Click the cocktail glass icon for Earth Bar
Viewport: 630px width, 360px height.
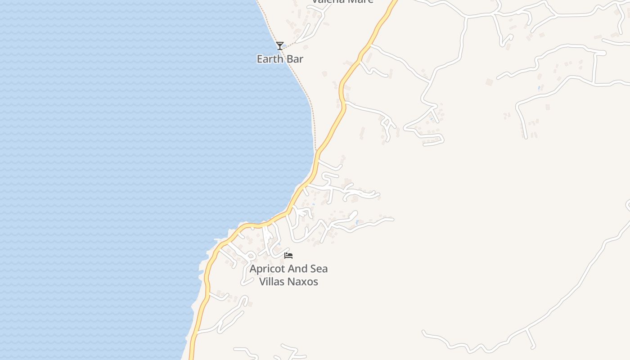280,45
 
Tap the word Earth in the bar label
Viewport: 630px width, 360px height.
269,59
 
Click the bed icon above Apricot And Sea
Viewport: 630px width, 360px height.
288,256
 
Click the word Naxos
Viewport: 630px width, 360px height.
304,282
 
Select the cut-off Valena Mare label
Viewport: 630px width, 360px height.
343,2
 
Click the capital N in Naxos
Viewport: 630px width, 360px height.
293,282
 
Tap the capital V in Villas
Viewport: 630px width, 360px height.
262,282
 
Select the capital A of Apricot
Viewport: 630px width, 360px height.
253,269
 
